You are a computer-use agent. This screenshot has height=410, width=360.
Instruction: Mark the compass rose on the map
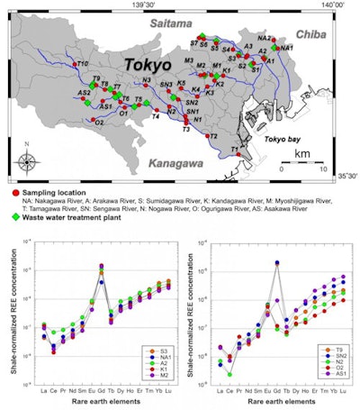(28, 161)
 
